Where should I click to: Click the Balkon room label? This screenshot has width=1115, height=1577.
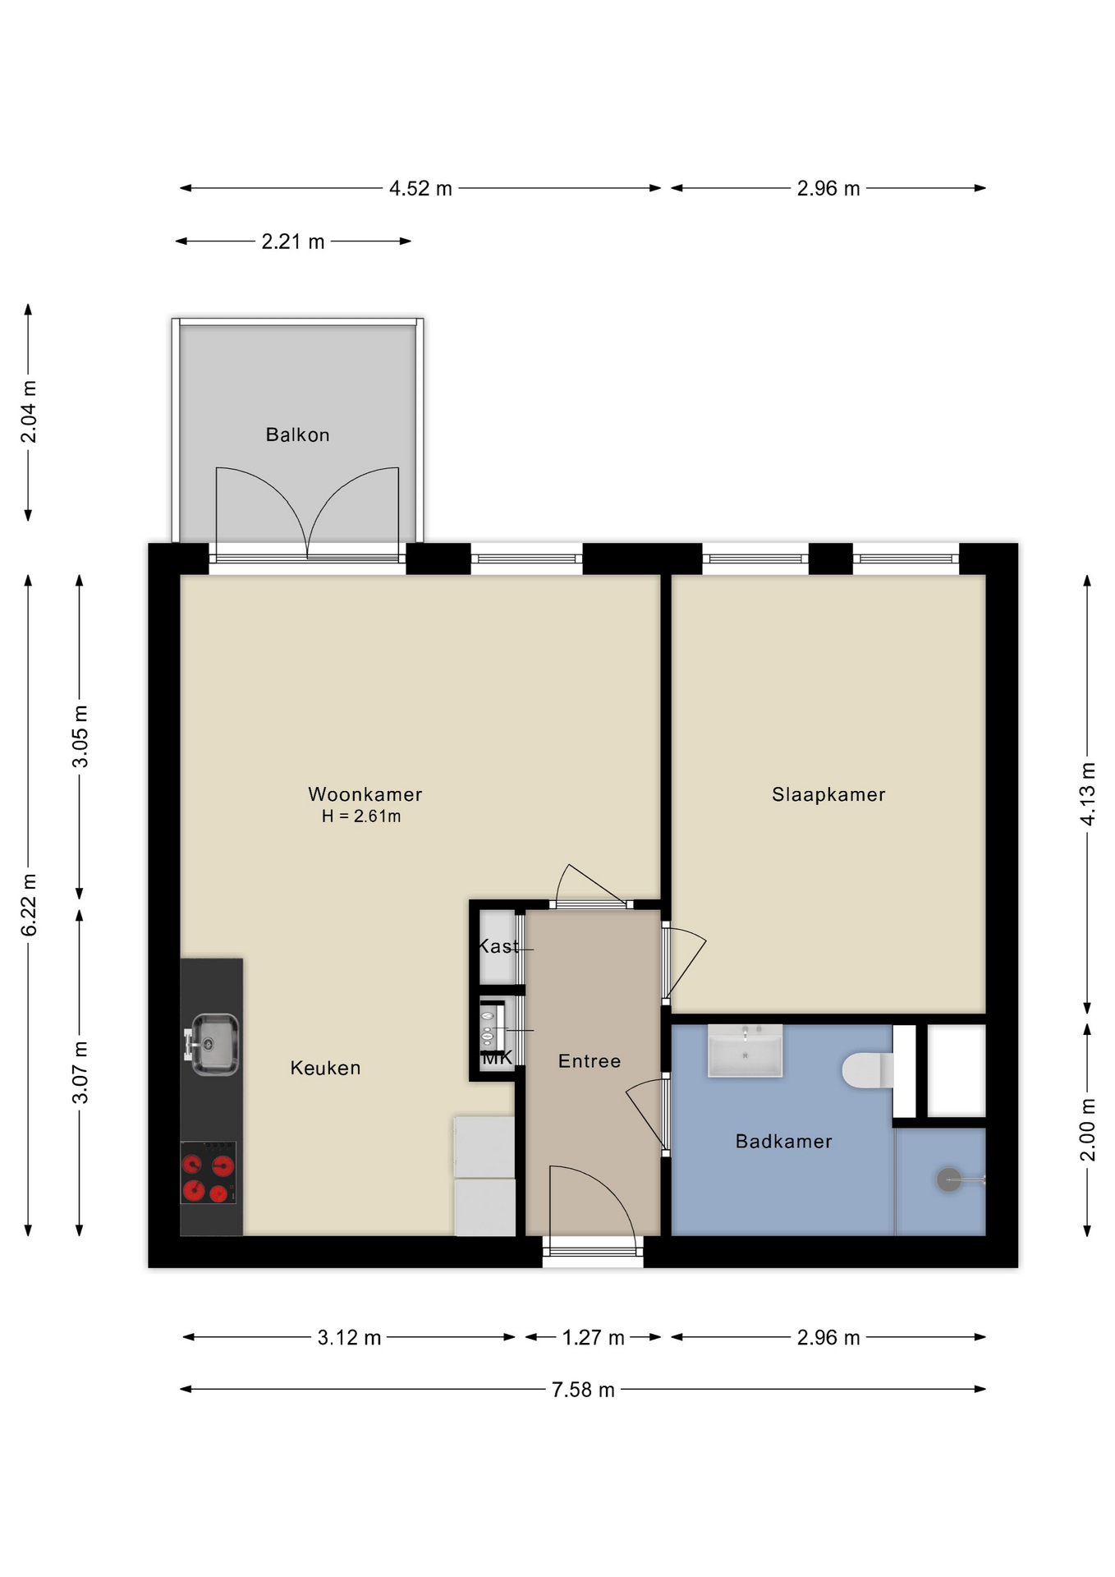tap(297, 434)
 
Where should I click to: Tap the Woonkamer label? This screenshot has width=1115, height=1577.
tap(365, 794)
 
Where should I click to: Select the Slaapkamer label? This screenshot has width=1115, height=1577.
tap(828, 794)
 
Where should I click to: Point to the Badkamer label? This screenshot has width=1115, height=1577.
tap(784, 1141)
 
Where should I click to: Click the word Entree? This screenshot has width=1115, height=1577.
tap(590, 1061)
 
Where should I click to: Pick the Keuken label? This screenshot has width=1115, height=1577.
tap(325, 1068)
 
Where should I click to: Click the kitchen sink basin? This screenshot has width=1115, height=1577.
tap(214, 1044)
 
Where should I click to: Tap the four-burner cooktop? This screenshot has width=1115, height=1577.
tap(209, 1173)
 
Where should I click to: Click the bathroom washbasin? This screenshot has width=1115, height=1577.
tap(745, 1051)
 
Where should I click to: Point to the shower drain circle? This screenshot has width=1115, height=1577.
tap(949, 1180)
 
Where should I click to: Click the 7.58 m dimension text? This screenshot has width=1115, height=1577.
tap(583, 1390)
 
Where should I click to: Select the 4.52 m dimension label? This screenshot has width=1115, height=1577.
tap(420, 188)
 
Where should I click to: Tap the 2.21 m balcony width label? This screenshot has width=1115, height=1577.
tap(293, 241)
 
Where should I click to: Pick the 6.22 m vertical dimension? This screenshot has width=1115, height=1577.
tap(29, 905)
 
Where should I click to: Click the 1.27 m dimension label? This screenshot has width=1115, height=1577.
tap(593, 1338)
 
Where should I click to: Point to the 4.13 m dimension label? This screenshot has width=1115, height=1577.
tap(1087, 794)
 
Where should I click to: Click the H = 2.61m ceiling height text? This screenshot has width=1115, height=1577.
tap(361, 816)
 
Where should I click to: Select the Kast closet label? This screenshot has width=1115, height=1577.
tap(498, 946)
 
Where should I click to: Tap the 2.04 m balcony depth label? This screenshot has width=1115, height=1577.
tap(29, 411)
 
